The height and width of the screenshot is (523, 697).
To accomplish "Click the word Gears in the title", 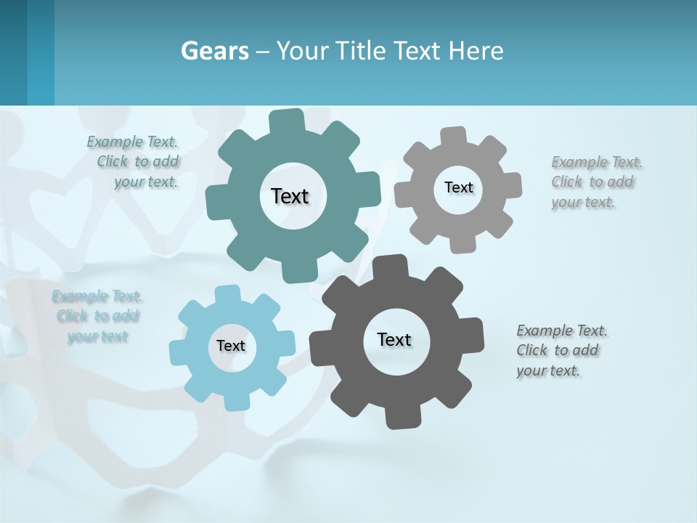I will click(215, 52).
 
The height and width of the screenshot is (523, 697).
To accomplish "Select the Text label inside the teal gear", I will click(290, 196).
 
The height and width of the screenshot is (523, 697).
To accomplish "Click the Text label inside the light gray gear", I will click(458, 187).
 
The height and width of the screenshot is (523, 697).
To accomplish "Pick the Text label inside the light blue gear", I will click(231, 346).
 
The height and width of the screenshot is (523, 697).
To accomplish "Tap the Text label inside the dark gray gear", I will click(394, 339).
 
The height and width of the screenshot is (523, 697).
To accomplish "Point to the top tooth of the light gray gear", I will click(453, 137).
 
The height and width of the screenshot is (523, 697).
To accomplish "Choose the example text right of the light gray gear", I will click(595, 182).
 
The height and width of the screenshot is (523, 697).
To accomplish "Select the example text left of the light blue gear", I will click(97, 316).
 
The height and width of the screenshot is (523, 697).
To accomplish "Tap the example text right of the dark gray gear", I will click(561, 350).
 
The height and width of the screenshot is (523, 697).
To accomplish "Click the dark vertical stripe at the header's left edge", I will click(13, 52).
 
